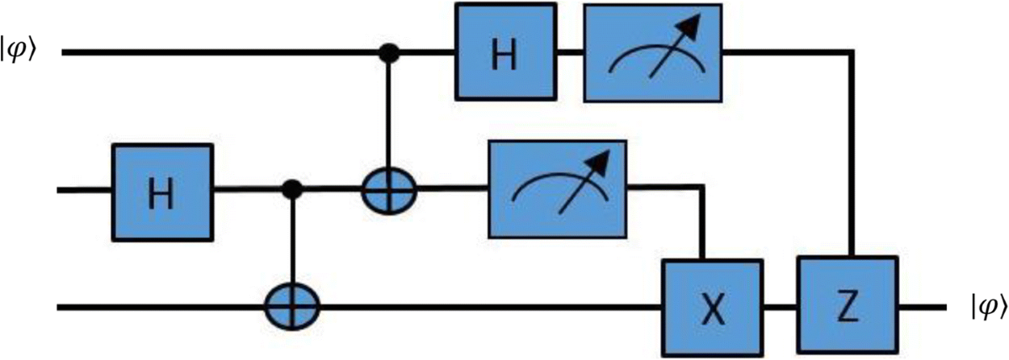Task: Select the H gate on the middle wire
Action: [162, 191]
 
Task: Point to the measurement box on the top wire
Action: [652, 53]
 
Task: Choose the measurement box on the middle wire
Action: [557, 191]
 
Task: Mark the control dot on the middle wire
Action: [293, 191]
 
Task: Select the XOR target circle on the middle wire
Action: [389, 192]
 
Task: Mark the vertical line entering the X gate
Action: [700, 223]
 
